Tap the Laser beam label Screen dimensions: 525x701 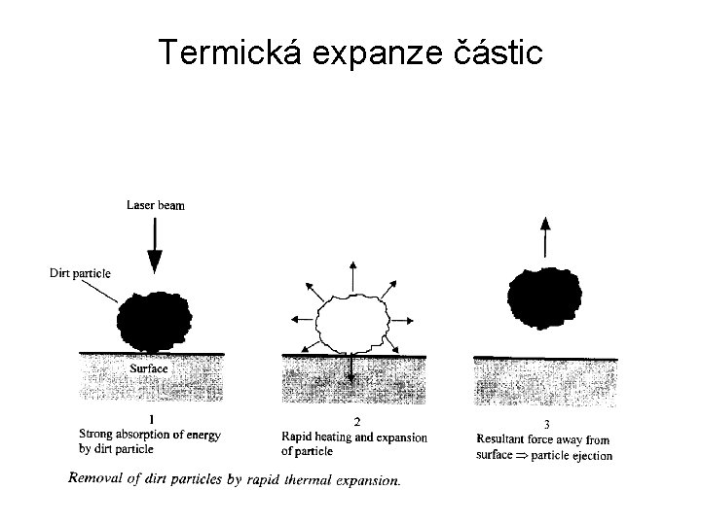pyautogui.click(x=156, y=205)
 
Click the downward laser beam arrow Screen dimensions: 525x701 pyautogui.click(x=155, y=243)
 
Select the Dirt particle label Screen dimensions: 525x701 pyautogui.click(x=80, y=273)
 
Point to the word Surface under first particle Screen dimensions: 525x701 pyautogui.click(x=149, y=369)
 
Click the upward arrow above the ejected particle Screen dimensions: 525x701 pyautogui.click(x=544, y=237)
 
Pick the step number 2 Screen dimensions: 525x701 pyautogui.click(x=356, y=421)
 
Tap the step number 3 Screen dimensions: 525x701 pyautogui.click(x=546, y=424)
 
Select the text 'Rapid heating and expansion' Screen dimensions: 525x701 pyautogui.click(x=353, y=437)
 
